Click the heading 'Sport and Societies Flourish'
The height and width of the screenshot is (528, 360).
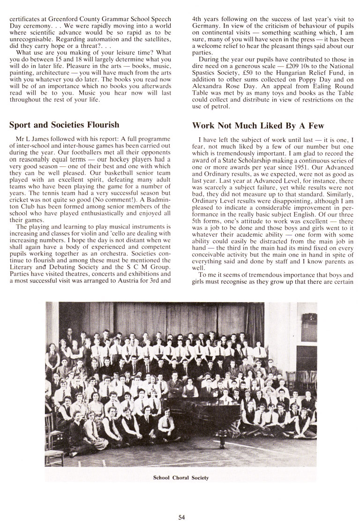64,125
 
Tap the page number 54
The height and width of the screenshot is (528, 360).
182,517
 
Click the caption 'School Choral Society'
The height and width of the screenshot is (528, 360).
181,478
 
